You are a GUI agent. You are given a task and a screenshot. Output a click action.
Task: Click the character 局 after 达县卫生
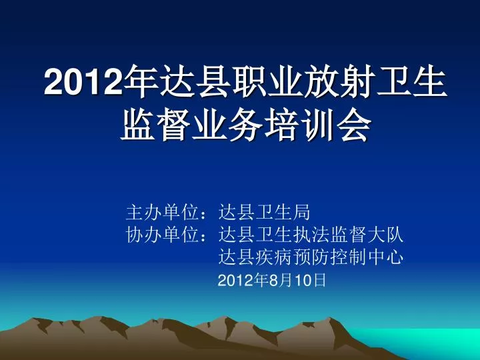click(x=302, y=212)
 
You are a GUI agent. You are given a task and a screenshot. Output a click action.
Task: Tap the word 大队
click(x=386, y=235)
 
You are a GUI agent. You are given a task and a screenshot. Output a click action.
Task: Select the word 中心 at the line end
click(x=386, y=257)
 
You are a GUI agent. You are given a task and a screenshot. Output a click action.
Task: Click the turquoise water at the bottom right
click(x=429, y=340)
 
